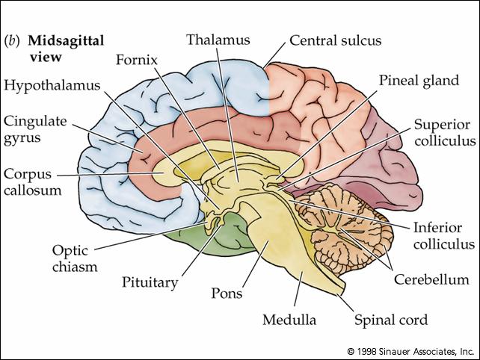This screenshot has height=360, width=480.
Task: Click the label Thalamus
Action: click(x=218, y=40)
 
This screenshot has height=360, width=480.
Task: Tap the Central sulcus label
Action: click(x=336, y=40)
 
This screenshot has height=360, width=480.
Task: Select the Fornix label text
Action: click(x=137, y=60)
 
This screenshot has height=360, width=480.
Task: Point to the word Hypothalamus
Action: click(x=52, y=85)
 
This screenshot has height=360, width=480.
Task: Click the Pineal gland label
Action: click(x=419, y=81)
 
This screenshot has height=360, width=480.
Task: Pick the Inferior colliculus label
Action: click(x=444, y=236)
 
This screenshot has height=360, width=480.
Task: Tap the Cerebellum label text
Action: click(x=431, y=279)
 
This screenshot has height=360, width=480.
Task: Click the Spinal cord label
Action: click(x=391, y=320)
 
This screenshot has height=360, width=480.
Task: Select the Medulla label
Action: click(x=289, y=320)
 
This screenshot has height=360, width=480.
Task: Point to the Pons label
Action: click(x=227, y=294)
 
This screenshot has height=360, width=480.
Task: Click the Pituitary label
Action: click(x=150, y=282)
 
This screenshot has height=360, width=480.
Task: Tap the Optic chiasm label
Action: click(x=75, y=258)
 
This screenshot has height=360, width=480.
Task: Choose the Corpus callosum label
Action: click(x=32, y=182)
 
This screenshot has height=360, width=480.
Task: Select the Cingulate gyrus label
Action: click(x=35, y=130)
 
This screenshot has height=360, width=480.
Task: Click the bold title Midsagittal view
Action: click(x=66, y=49)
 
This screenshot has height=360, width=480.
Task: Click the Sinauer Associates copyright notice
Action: click(x=410, y=352)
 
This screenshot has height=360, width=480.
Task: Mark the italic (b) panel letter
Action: click(x=12, y=41)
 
